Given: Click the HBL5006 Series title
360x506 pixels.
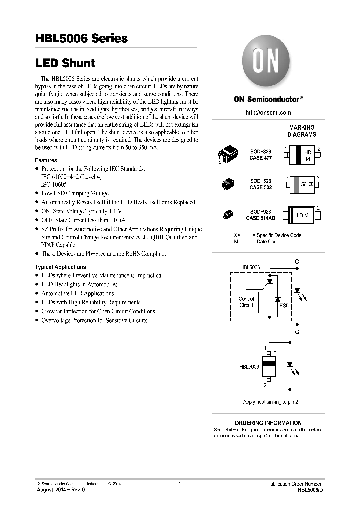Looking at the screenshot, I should coord(81,38).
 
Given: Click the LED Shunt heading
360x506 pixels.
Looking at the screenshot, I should coord(65,63).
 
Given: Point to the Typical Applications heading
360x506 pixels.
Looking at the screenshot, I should coord(60,267).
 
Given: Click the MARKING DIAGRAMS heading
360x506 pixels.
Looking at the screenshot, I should coord(302,131).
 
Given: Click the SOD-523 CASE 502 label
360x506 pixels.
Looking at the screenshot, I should coord(260,185).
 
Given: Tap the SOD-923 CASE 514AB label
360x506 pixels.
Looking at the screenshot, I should coord(260,214).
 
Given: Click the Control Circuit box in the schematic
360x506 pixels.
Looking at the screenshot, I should coord(246,302).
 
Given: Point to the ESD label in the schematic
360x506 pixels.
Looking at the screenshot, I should coord(284,305).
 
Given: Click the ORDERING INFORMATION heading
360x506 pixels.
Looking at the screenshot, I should coord(268,423).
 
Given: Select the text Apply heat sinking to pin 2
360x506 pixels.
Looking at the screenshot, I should coord(271,402).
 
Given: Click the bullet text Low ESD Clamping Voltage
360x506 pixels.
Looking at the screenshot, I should coord(75,193).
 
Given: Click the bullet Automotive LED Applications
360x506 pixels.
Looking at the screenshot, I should coord(77,293).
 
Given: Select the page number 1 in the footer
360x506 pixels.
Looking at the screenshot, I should coord(179,484).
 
